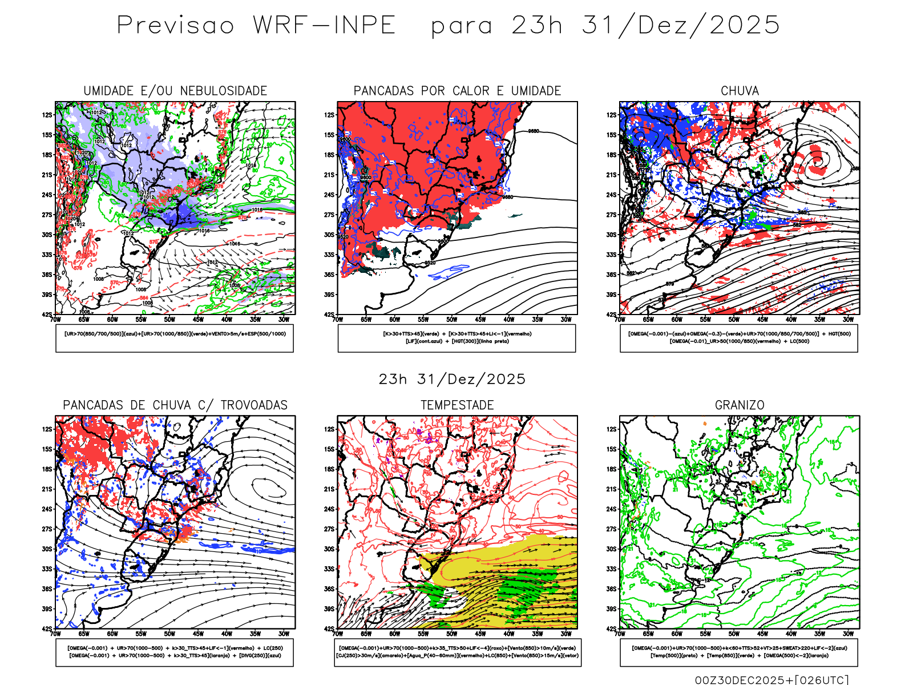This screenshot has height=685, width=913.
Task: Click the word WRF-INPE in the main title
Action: coord(324,26)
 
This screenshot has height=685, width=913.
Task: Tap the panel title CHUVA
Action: coord(740,91)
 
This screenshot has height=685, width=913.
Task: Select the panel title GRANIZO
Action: coord(740,405)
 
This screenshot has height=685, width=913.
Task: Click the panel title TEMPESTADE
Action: coord(457,405)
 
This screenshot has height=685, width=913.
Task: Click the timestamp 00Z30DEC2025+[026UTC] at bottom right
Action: coord(771,680)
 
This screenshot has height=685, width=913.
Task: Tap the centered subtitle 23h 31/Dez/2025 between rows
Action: coord(452,379)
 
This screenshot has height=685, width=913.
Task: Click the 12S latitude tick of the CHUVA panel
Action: coord(612,115)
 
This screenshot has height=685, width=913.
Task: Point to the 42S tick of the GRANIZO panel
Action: coord(612,628)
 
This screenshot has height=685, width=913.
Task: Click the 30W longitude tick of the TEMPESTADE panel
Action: coord(565,634)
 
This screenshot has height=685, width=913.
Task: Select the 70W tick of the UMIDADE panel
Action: coord(55,320)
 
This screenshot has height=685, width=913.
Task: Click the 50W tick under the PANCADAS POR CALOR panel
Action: coord(451,320)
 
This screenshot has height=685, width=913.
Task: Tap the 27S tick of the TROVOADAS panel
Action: coord(47,529)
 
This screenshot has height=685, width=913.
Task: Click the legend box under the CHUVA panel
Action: coord(739,338)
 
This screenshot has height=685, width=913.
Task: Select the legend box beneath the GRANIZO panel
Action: coord(739,652)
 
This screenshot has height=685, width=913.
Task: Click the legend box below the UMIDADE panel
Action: coord(175,338)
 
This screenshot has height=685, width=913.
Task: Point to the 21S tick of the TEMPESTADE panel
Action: coord(329,489)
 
